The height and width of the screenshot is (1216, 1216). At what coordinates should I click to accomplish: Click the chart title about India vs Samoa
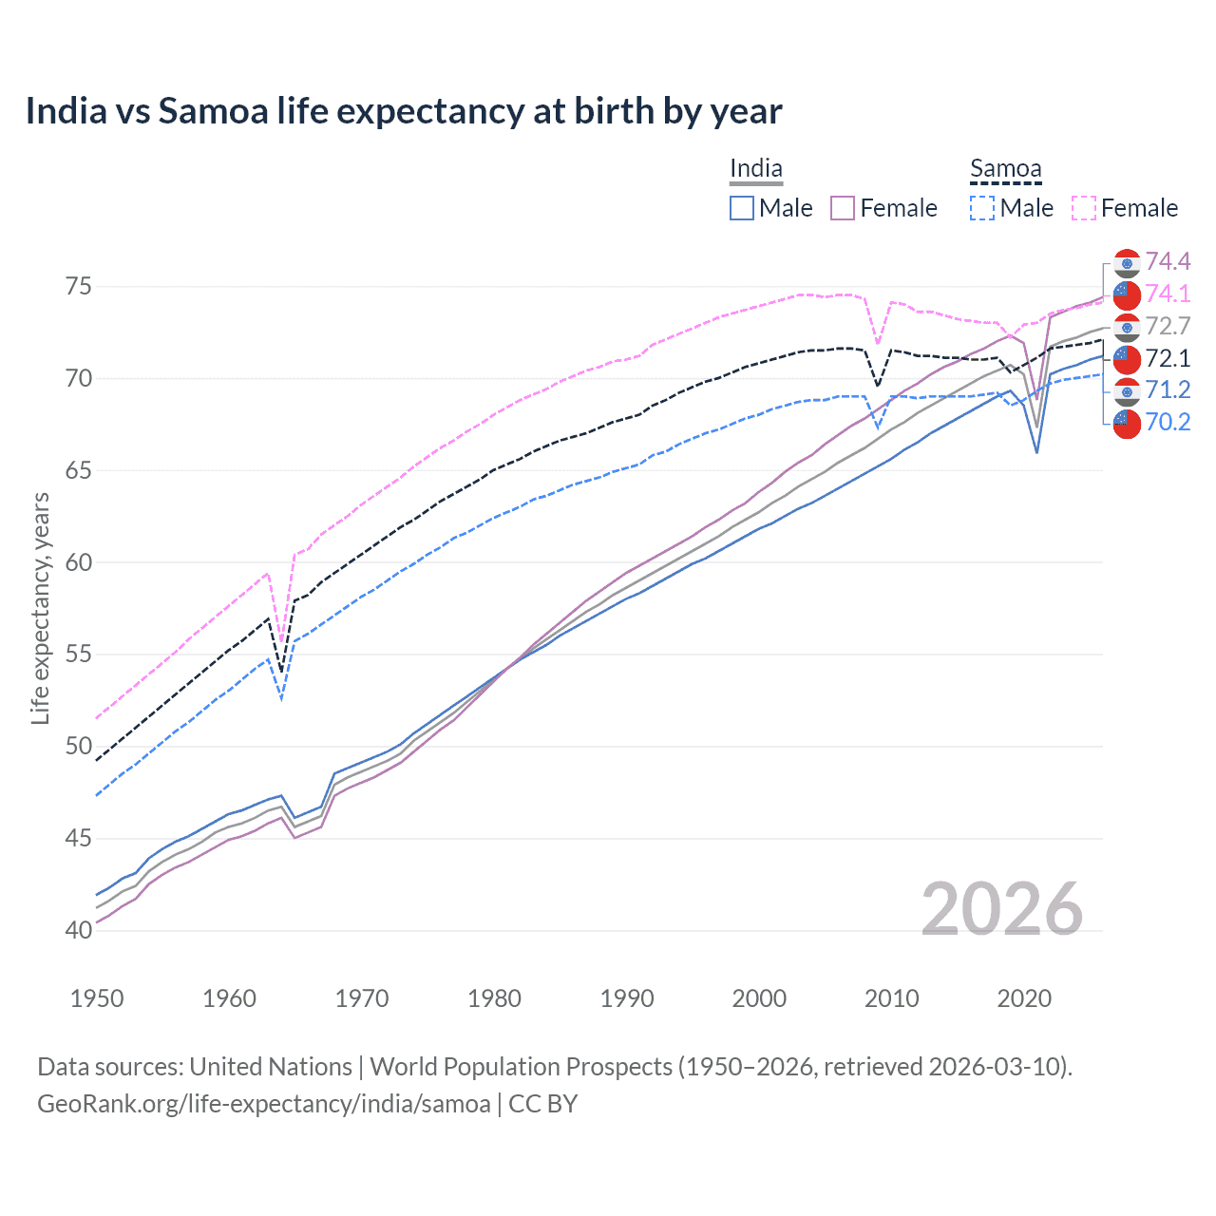click(404, 111)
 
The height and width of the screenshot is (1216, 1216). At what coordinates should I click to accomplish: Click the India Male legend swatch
click(742, 208)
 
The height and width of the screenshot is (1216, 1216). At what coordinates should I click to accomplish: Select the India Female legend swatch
click(843, 208)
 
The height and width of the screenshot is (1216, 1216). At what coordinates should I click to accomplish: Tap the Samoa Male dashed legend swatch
click(982, 208)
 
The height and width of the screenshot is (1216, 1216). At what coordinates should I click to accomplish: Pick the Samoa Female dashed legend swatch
click(1084, 208)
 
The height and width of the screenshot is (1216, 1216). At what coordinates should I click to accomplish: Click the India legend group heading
click(756, 169)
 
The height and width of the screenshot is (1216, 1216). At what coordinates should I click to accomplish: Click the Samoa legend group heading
click(1006, 169)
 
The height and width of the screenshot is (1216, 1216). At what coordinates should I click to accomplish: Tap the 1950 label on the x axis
click(97, 998)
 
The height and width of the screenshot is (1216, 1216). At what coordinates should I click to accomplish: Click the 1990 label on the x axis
click(627, 998)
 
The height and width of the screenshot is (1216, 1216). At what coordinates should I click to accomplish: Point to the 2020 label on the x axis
click(1024, 998)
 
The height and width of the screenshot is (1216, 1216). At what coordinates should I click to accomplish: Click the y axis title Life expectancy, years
click(40, 608)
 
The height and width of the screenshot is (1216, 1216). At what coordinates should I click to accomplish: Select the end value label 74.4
click(1168, 261)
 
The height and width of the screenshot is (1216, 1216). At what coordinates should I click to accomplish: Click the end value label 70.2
click(1168, 422)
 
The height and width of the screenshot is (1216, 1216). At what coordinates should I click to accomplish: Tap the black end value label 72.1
click(1168, 358)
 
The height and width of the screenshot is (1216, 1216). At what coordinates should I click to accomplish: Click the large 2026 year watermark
click(1001, 909)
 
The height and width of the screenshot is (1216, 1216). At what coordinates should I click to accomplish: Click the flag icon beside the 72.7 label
click(1127, 328)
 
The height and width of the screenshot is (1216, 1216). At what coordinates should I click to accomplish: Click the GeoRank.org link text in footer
click(264, 1104)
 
